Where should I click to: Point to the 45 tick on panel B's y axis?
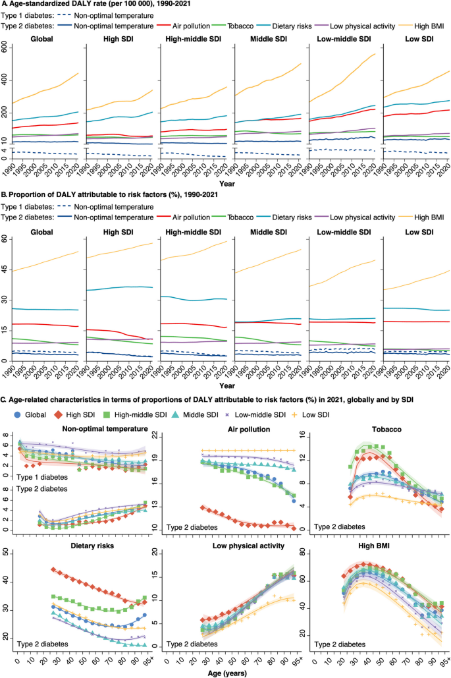click(9, 269)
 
